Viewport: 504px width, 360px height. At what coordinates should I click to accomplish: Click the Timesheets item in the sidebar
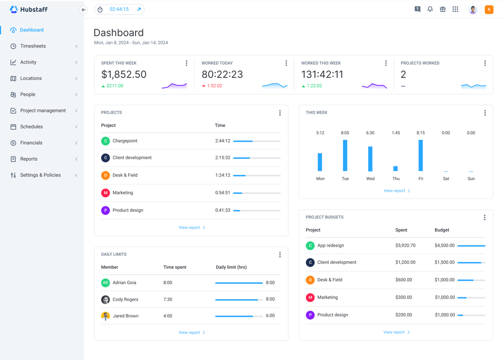click(x=33, y=46)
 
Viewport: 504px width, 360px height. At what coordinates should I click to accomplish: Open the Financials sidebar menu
click(x=31, y=143)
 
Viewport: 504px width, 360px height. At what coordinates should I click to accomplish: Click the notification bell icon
click(x=430, y=9)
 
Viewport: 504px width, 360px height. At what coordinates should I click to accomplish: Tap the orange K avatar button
click(x=489, y=9)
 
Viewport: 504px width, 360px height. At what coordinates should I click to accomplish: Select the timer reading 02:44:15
click(x=119, y=9)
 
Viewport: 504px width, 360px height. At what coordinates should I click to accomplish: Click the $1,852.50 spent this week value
click(x=124, y=74)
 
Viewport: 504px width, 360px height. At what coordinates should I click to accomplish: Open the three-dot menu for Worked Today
click(x=286, y=63)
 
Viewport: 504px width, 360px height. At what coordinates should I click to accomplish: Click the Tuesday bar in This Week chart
click(x=345, y=155)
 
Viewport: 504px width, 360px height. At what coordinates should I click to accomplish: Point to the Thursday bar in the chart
click(x=396, y=168)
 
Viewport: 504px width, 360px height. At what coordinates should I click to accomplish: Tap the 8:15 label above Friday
click(x=421, y=133)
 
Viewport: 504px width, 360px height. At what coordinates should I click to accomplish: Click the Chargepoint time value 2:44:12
click(x=222, y=141)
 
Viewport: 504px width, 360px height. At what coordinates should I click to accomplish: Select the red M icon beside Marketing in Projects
click(x=105, y=193)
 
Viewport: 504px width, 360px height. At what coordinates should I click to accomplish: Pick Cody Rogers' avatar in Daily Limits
click(x=105, y=300)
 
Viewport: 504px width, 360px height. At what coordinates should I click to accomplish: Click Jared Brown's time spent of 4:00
click(x=168, y=316)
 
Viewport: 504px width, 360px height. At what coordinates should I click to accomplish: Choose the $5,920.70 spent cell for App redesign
click(x=405, y=246)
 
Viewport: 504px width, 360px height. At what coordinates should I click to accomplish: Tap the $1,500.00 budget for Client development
click(x=445, y=262)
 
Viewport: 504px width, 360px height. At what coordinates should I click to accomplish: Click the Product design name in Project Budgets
click(x=333, y=315)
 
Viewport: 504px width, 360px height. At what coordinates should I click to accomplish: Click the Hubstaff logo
click(x=29, y=9)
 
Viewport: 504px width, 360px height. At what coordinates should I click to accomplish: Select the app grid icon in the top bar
click(x=455, y=9)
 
